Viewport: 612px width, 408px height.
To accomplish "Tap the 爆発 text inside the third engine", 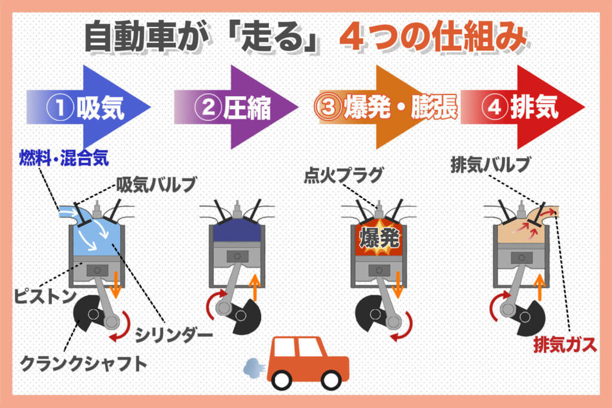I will (x=378, y=239).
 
